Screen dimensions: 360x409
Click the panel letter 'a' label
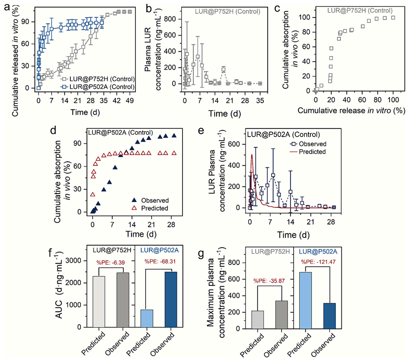[x=6, y=6]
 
